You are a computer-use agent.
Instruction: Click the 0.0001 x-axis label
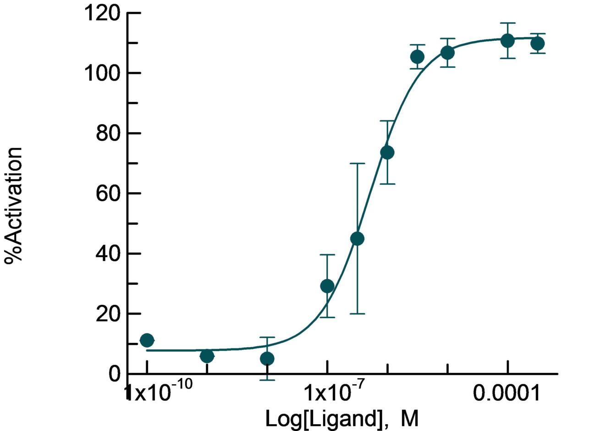[x=507, y=392]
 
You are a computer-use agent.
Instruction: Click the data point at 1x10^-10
[x=147, y=340]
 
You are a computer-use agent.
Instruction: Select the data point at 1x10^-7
[x=327, y=286]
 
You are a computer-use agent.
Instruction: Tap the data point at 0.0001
[x=507, y=40]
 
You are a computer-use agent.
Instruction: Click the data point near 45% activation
[x=357, y=238]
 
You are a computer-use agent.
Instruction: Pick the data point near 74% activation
[x=387, y=152]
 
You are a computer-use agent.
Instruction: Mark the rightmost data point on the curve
[x=537, y=44]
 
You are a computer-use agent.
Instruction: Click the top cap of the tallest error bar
[x=357, y=163]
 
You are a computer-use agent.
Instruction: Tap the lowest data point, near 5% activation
[x=267, y=359]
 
